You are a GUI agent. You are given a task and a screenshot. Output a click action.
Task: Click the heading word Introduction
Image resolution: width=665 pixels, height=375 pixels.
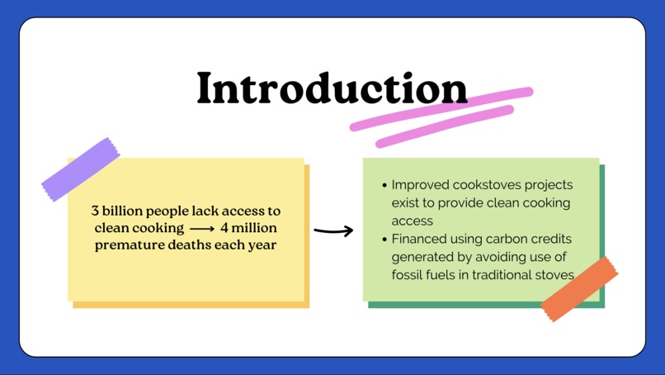coord(332,88)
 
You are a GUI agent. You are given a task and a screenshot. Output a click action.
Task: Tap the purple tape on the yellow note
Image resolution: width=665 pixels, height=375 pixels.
coord(80,169)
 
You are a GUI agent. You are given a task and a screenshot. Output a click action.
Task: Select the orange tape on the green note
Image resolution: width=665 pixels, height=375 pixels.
coord(579,288)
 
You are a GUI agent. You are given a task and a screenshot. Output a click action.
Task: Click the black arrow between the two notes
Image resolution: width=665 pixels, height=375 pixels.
coord(333,230)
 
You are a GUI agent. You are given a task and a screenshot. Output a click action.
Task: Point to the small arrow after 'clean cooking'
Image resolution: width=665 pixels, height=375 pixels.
coord(202,229)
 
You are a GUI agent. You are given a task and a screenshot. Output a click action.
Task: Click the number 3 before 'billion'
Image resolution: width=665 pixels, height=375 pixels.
coord(96,211)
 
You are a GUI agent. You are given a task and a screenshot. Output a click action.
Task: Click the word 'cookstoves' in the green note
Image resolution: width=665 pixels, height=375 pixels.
coord(491,185)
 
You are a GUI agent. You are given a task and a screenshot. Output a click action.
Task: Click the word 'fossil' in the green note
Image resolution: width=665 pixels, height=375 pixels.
coord(407,275)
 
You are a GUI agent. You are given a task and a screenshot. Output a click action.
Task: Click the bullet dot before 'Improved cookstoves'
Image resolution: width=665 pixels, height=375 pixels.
coord(384,185)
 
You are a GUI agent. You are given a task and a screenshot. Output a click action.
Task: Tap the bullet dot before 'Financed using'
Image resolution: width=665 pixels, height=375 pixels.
coord(384,239)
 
